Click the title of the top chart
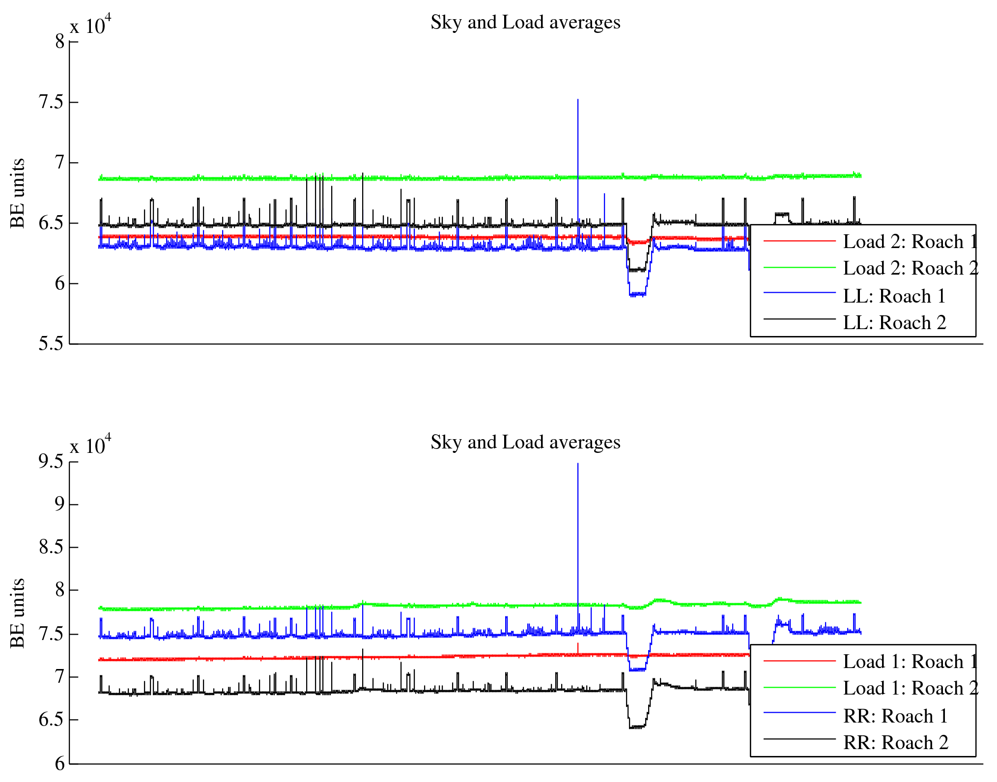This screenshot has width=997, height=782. tap(525, 23)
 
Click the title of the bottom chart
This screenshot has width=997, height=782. tap(525, 443)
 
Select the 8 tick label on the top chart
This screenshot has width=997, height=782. tap(59, 42)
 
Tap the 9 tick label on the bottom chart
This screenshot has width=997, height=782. tap(59, 504)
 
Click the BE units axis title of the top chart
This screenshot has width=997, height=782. tap(18, 193)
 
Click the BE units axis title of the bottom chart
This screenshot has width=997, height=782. tap(18, 613)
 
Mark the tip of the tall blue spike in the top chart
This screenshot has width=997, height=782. tap(578, 100)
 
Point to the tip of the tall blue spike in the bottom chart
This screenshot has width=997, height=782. tap(578, 464)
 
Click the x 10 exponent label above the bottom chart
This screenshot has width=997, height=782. tap(90, 446)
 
